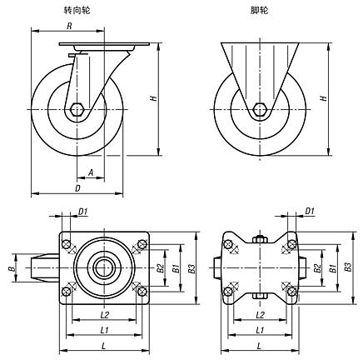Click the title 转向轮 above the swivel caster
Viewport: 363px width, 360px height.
tap(77, 11)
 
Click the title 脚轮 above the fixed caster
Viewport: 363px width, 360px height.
tap(259, 11)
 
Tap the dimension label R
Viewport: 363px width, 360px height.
tap(69, 26)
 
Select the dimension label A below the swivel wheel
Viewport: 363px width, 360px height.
tap(91, 173)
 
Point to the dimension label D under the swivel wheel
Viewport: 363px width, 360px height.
tap(77, 188)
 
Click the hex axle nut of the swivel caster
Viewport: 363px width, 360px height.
tap(77, 109)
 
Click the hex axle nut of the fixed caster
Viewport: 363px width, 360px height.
tap(260, 109)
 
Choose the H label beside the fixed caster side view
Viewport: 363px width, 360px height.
tap(323, 98)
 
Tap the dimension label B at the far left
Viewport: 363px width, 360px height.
tap(12, 268)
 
